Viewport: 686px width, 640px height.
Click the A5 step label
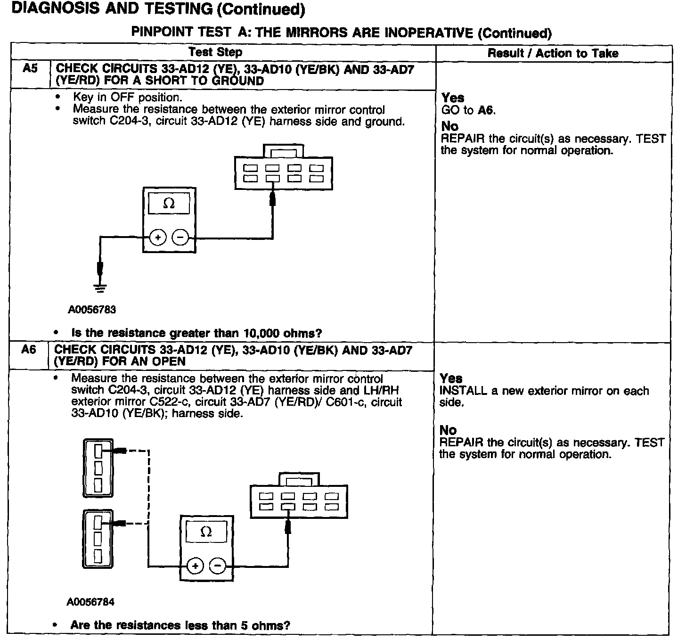click(30, 69)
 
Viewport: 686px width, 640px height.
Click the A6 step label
click(29, 350)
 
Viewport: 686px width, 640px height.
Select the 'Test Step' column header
click(215, 52)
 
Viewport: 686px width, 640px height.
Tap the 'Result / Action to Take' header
click(553, 53)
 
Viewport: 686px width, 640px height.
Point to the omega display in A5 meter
click(169, 204)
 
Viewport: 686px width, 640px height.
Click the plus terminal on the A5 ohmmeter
click(158, 238)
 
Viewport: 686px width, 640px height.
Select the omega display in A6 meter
click(206, 532)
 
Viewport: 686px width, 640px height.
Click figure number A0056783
click(92, 310)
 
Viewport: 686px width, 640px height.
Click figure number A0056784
click(90, 602)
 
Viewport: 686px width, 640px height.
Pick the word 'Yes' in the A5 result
click(453, 98)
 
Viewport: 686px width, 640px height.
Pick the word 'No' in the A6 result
click(448, 430)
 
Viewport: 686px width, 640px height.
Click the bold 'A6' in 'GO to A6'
click(486, 111)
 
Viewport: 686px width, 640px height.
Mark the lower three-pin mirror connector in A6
click(98, 539)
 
